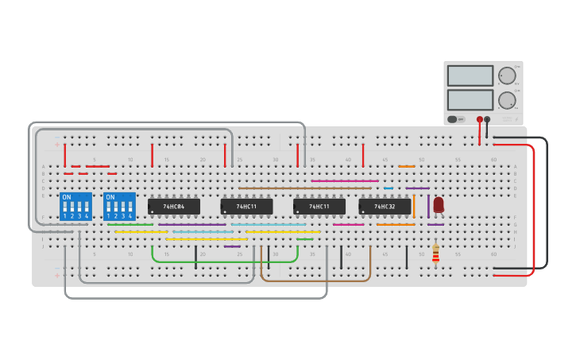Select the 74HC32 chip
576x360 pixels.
click(385, 207)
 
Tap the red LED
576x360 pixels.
click(439, 204)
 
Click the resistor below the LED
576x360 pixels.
click(435, 254)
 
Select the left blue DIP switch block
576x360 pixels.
click(75, 207)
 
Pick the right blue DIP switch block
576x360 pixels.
click(119, 207)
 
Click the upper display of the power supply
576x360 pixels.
click(470, 75)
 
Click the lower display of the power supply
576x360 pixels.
click(470, 99)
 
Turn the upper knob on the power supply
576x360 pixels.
click(506, 76)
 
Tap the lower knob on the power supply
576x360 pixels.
click(506, 100)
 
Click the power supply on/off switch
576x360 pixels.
click(453, 119)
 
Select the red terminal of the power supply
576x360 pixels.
click(479, 120)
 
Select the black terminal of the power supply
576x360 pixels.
click(487, 120)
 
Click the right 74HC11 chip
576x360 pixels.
click(319, 207)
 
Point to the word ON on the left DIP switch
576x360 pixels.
click(66, 197)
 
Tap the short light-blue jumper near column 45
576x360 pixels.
click(388, 188)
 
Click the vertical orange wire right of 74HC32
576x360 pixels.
click(414, 205)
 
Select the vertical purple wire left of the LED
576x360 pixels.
click(428, 205)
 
